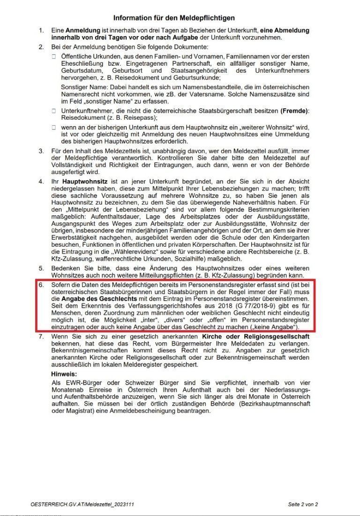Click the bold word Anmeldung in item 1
point(81,30)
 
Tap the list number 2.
point(41,47)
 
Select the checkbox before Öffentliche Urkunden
point(54,56)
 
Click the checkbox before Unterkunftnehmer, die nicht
point(54,110)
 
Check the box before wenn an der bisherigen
point(54,128)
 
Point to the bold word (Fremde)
point(294,110)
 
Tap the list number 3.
point(41,151)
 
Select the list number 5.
point(41,267)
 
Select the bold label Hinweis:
point(63,374)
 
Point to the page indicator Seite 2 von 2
point(303,504)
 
